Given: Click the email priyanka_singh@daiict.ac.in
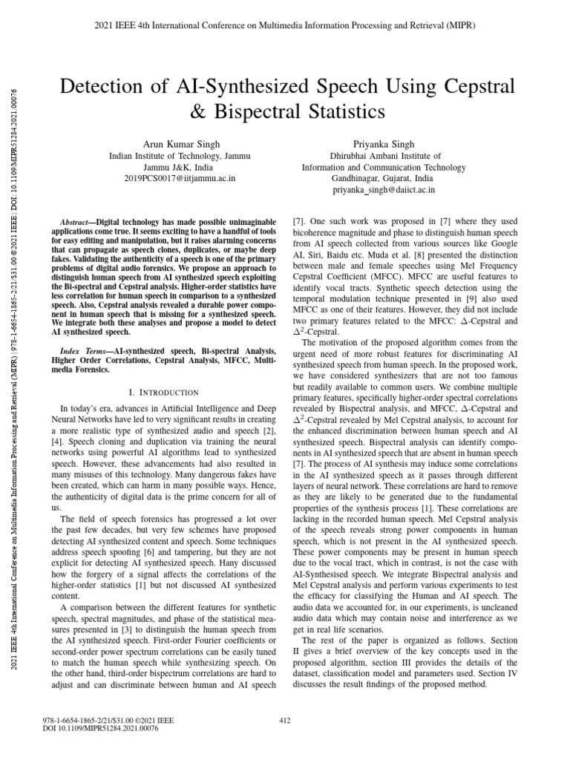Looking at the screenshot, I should click(384, 190).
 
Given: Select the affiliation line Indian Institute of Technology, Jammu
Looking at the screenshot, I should click(180, 157).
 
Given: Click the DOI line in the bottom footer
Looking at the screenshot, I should click(102, 729).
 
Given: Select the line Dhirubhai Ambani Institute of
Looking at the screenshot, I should click(384, 157).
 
